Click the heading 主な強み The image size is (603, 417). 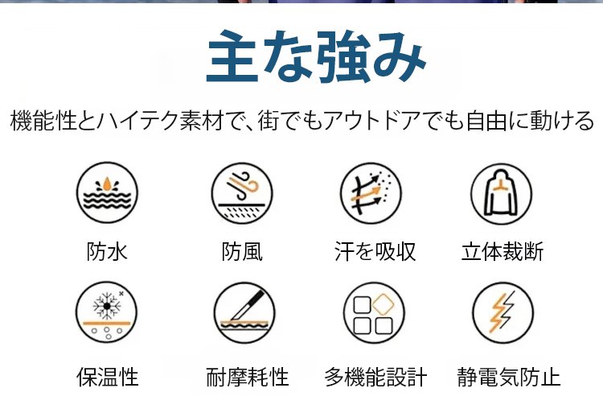click(316, 57)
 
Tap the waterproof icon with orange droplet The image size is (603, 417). click(107, 192)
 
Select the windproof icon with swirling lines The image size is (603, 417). click(242, 193)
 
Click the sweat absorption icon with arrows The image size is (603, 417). click(371, 193)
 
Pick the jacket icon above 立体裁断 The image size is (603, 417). click(502, 194)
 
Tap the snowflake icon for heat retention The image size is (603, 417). click(106, 312)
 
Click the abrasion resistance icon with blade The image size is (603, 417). click(244, 312)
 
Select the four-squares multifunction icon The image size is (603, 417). click(374, 312)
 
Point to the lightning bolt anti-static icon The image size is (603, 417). click(503, 312)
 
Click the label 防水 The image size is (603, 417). click(107, 252)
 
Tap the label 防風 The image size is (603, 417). click(242, 252)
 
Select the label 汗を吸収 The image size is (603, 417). click(375, 252)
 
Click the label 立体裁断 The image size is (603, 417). click(503, 252)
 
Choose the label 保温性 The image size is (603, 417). click(107, 377)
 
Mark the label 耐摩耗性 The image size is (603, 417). click(248, 377)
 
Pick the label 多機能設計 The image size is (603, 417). click(375, 377)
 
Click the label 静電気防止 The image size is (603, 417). click(508, 377)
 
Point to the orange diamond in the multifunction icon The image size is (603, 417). click(384, 304)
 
